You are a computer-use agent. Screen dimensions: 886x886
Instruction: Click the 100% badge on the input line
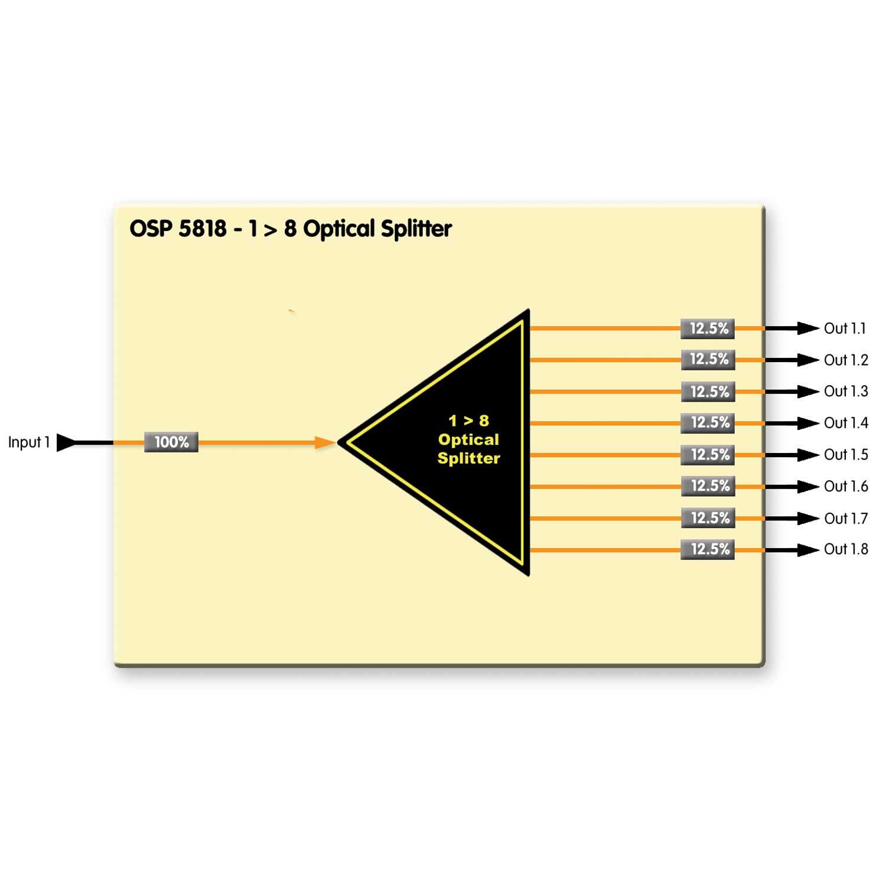(171, 442)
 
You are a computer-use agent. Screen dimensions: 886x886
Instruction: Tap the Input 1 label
(29, 442)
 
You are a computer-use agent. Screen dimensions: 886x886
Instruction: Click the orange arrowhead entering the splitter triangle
(324, 442)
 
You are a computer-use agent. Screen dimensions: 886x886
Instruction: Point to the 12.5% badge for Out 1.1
(708, 328)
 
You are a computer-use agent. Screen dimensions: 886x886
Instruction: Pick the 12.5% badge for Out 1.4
(708, 423)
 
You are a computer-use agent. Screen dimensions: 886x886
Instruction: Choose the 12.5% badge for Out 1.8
(708, 549)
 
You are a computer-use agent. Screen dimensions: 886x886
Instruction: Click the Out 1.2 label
(846, 360)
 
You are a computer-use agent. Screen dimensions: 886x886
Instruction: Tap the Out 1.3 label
(846, 391)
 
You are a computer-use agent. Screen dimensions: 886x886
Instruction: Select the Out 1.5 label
(846, 454)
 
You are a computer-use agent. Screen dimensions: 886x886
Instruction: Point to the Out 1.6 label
(846, 486)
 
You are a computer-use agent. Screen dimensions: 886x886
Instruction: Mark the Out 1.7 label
(846, 518)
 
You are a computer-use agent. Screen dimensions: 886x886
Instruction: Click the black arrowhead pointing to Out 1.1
(807, 328)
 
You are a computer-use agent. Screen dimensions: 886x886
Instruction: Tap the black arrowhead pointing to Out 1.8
(807, 550)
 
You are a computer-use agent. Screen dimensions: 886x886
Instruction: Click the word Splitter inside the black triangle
(468, 458)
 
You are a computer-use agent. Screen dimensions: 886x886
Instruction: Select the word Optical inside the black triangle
(468, 439)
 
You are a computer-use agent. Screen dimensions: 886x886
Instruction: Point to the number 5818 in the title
(203, 229)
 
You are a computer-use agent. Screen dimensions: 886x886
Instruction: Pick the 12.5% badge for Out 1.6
(708, 486)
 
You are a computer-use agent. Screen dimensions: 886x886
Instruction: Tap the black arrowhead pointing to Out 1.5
(807, 455)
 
